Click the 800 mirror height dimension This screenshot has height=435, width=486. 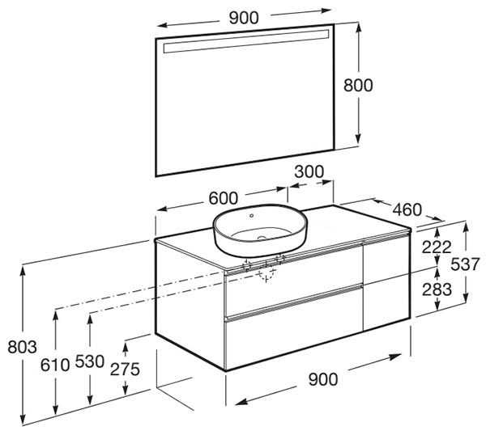[x=358, y=85]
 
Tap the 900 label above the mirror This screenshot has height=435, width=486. [x=244, y=18]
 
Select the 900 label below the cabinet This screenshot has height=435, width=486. [x=323, y=379]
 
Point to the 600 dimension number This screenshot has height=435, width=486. [x=224, y=198]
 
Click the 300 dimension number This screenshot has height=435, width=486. [x=309, y=171]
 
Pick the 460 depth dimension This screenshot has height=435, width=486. [x=407, y=209]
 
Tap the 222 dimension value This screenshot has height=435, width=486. [x=437, y=247]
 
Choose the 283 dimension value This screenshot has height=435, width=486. [x=437, y=289]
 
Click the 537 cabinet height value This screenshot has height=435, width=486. [x=465, y=264]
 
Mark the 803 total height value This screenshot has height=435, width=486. [x=23, y=347]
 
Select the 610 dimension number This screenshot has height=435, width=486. [x=55, y=365]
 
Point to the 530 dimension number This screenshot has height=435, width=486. [x=90, y=361]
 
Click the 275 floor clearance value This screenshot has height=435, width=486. [x=125, y=369]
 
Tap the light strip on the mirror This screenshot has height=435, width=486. [x=246, y=41]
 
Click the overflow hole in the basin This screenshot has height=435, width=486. [x=251, y=216]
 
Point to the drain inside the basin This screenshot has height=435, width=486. [x=262, y=239]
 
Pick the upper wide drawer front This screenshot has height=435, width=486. [x=294, y=279]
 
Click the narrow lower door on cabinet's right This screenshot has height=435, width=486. [x=387, y=302]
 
